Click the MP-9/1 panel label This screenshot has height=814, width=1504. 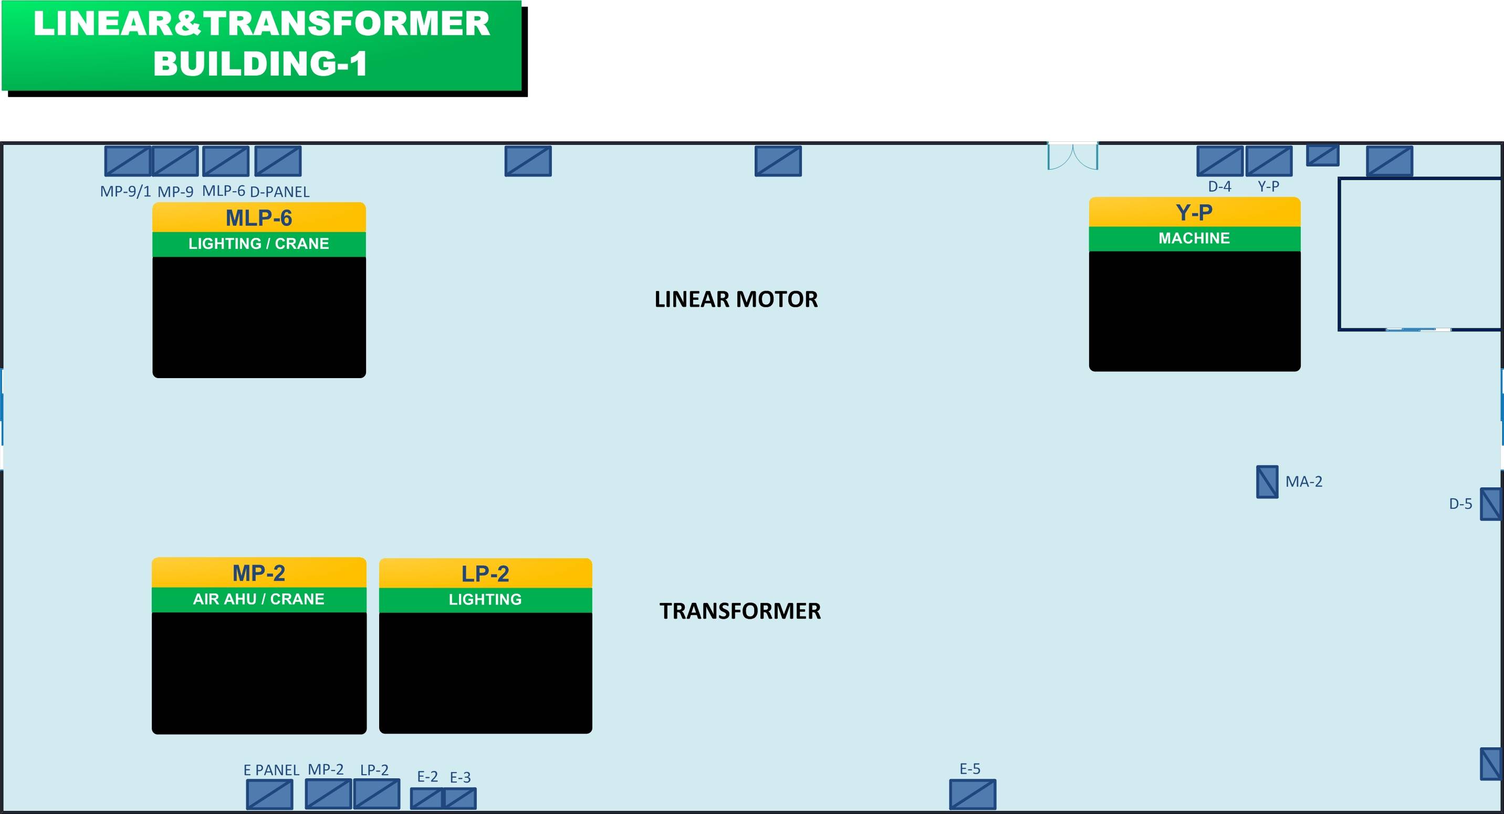(126, 191)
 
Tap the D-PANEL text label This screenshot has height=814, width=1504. (280, 192)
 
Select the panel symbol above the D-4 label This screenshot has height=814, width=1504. (1220, 161)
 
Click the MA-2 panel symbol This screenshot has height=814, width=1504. (1267, 482)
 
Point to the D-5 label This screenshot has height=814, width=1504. (1461, 503)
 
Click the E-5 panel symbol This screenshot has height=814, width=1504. (973, 794)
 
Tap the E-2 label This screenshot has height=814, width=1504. (427, 777)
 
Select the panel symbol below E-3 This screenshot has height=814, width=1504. (460, 798)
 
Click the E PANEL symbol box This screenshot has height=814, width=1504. (270, 794)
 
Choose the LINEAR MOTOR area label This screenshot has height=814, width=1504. (736, 299)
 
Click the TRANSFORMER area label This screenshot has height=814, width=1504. (740, 611)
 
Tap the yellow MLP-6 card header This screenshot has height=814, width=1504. (259, 217)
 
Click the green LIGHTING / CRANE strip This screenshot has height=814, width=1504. (259, 244)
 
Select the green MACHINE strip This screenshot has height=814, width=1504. (1195, 239)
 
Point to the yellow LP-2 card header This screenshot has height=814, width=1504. (486, 573)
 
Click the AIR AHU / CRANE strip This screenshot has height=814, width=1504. (259, 600)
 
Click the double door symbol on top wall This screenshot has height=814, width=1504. (1073, 156)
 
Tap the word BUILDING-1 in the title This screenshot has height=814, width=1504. (260, 64)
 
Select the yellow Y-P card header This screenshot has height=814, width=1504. (1195, 212)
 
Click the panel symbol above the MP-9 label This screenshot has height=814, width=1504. (175, 161)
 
